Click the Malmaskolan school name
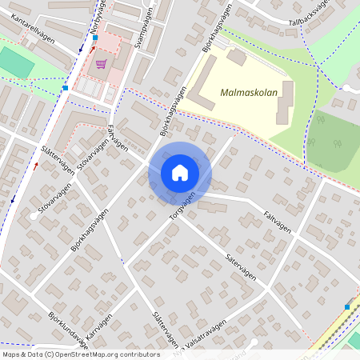(249, 93)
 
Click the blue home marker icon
(180, 173)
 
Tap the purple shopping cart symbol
(101, 64)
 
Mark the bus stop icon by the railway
(347, 306)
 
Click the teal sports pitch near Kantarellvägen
(11, 61)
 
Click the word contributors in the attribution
(139, 354)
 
